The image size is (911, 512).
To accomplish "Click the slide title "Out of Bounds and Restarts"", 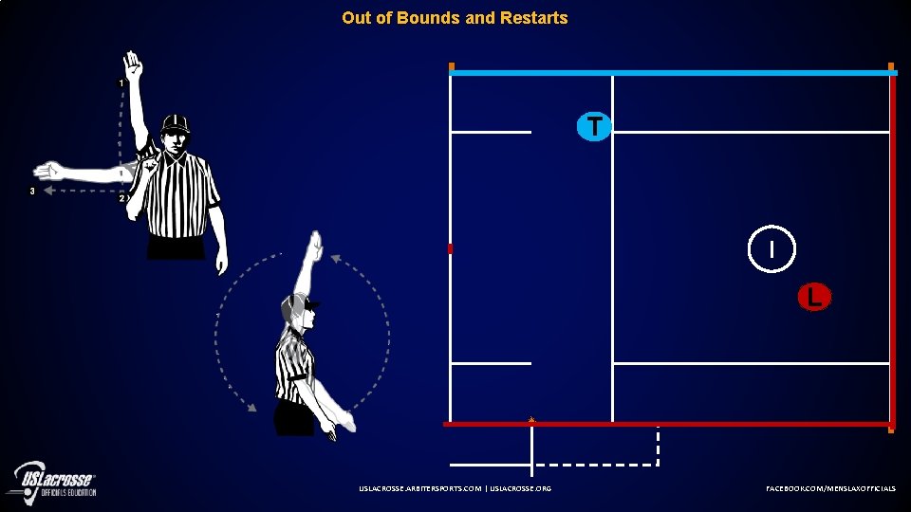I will (455, 18).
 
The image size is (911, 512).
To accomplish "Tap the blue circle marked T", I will (594, 125).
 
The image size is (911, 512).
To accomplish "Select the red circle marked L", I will (813, 297).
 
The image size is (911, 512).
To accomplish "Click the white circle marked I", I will (772, 249).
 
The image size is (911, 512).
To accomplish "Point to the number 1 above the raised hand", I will (121, 83).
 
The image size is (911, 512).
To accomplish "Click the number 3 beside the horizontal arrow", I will (32, 191).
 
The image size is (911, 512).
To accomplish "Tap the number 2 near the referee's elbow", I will (121, 198).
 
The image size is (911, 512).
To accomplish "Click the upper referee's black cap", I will (176, 123).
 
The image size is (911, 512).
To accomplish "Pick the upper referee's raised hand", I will (133, 66).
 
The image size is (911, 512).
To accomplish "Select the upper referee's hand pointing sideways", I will (47, 172).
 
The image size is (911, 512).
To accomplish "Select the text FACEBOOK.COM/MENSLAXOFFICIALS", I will (830, 487).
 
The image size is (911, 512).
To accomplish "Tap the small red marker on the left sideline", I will (451, 248).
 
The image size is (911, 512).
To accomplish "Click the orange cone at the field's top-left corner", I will (452, 66).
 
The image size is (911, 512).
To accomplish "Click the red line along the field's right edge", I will (893, 247).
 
